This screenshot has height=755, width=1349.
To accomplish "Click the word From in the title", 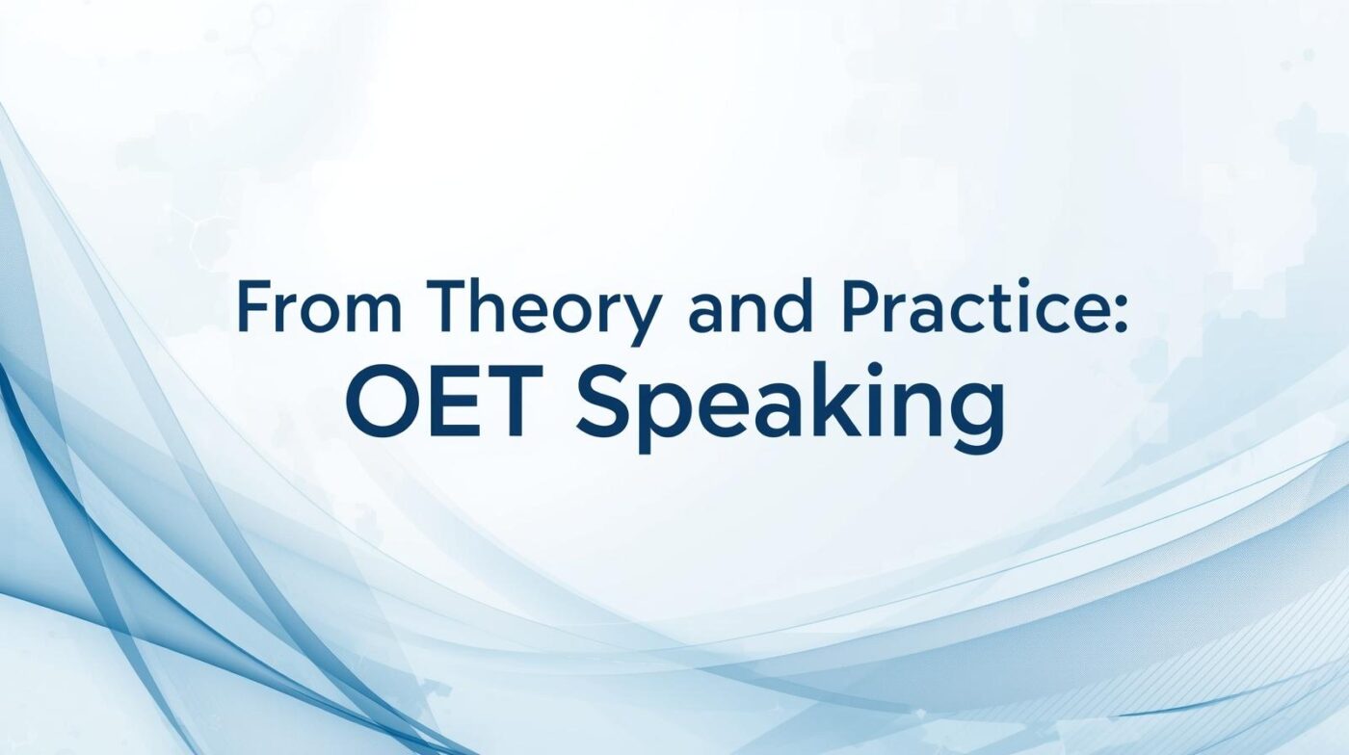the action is click(320, 306).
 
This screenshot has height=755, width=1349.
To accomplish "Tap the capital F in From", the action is click(252, 306).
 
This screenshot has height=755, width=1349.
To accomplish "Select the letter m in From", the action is click(372, 313).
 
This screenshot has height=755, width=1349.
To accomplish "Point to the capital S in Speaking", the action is click(602, 401).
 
